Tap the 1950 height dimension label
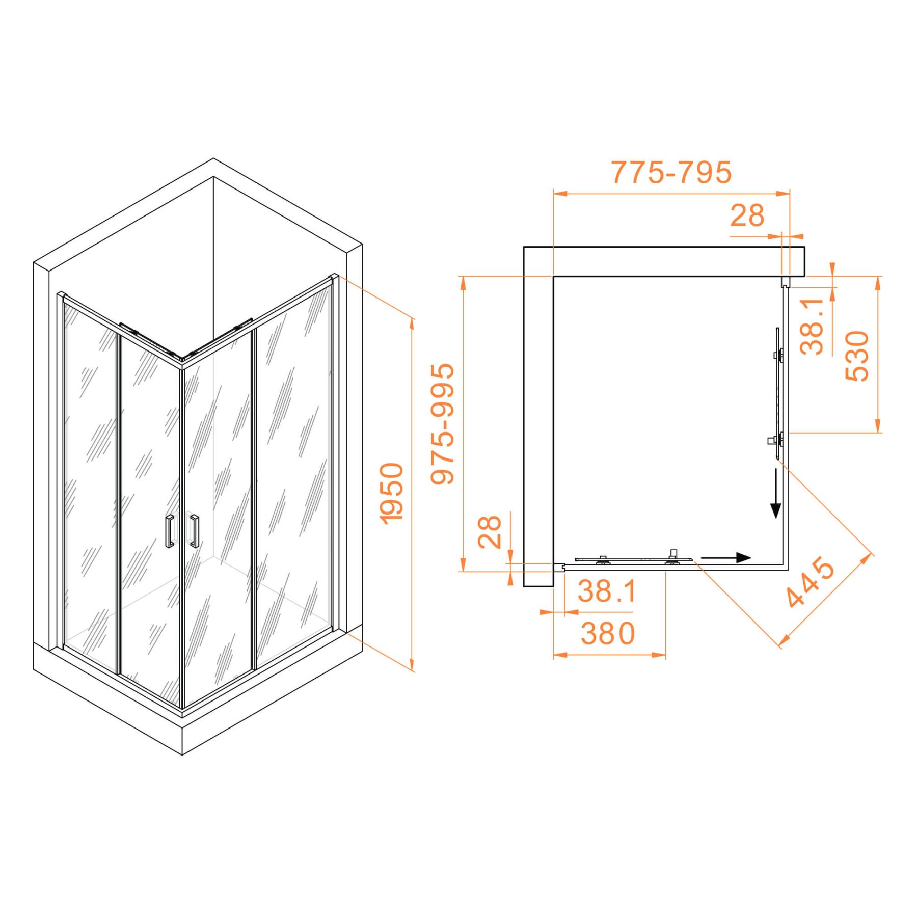click(392, 494)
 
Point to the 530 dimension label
click(857, 356)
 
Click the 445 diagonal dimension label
click(810, 583)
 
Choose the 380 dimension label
click(608, 633)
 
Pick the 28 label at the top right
click(747, 215)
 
